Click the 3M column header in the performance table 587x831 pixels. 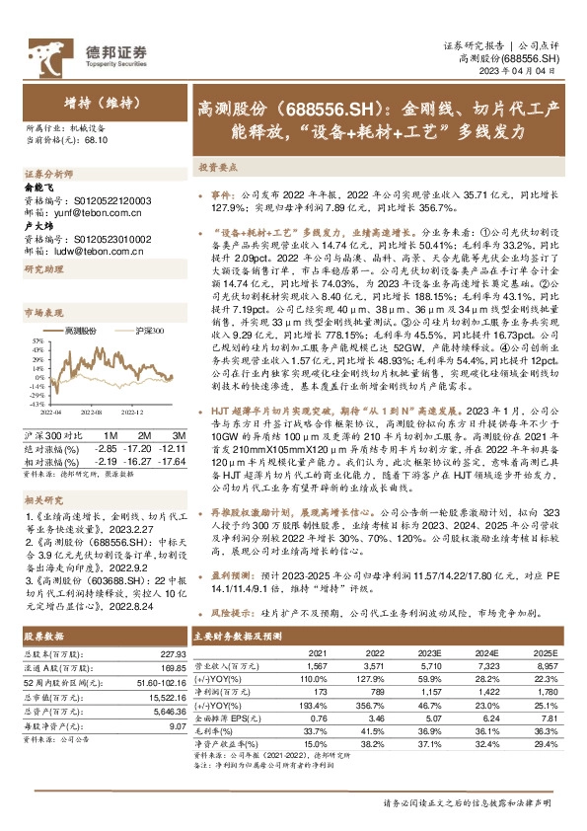click(178, 435)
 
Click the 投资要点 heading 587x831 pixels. click(216, 168)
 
